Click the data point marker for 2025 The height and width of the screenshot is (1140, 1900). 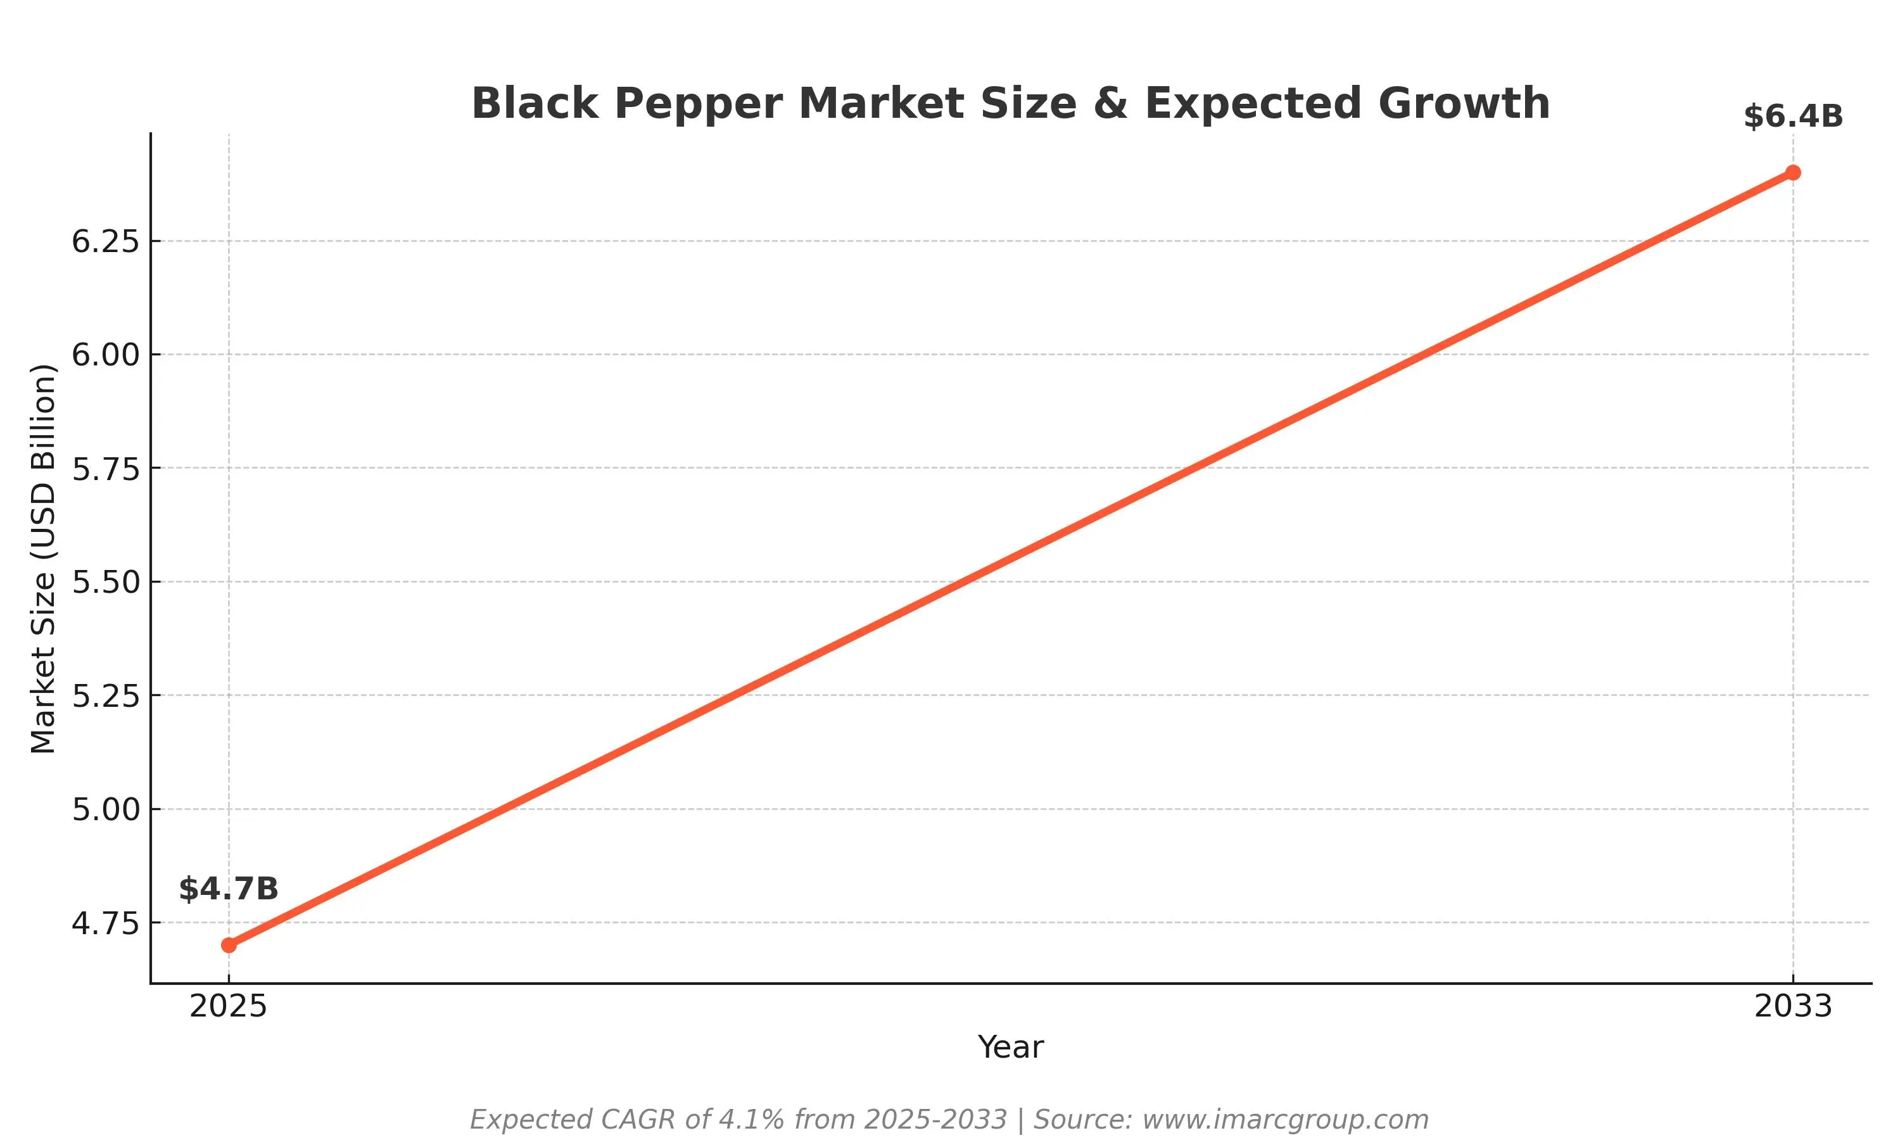tap(229, 945)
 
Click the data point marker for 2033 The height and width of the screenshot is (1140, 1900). tap(1792, 172)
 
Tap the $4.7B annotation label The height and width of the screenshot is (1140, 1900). tap(228, 889)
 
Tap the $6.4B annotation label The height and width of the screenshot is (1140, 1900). tap(1792, 117)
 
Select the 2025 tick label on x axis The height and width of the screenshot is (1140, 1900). tap(228, 1006)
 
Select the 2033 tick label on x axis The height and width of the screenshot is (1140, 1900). tap(1792, 1006)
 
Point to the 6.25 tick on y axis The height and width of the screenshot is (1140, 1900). tap(105, 241)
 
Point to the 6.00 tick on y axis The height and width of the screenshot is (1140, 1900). tap(105, 355)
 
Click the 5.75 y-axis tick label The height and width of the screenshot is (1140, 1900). tap(105, 469)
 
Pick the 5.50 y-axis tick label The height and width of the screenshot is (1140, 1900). tap(105, 582)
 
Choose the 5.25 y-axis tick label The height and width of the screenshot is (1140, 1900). tap(105, 696)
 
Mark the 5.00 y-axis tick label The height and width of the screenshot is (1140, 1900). tap(105, 809)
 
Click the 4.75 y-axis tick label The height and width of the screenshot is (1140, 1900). tap(105, 923)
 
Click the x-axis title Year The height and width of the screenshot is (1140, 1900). tap(1010, 1048)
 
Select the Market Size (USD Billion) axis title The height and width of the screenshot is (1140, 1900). tap(43, 559)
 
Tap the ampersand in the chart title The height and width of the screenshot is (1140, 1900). tap(1110, 104)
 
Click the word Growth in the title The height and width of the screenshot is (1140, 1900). tap(1464, 104)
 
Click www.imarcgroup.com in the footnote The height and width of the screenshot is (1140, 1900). tap(1285, 1119)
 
